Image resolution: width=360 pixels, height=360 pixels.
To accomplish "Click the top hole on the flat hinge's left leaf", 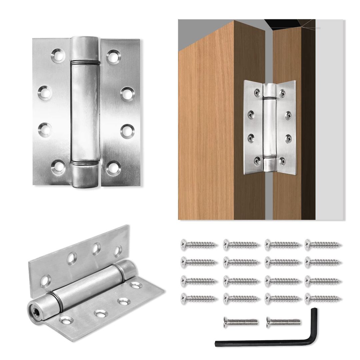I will click(58, 55).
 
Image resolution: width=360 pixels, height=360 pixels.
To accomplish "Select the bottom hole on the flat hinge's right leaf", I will click(113, 168).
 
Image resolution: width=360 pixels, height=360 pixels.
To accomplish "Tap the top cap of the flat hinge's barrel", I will click(85, 49).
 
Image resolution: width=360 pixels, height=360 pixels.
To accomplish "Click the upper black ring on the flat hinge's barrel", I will click(85, 62).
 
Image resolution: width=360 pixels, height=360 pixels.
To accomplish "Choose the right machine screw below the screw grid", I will click(283, 322).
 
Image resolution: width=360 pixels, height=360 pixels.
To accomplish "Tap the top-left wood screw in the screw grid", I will click(199, 245).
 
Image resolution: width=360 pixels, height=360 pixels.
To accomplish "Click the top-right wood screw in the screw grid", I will click(323, 245).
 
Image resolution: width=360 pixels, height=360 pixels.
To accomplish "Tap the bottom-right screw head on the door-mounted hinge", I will click(282, 162).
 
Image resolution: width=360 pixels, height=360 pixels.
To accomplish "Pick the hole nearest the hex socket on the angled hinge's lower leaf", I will click(66, 321).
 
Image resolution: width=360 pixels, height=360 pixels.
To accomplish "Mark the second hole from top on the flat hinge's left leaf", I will click(45, 92).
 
